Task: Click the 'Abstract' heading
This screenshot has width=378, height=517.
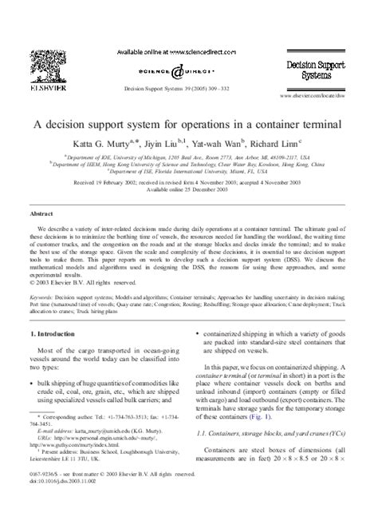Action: tap(41, 215)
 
